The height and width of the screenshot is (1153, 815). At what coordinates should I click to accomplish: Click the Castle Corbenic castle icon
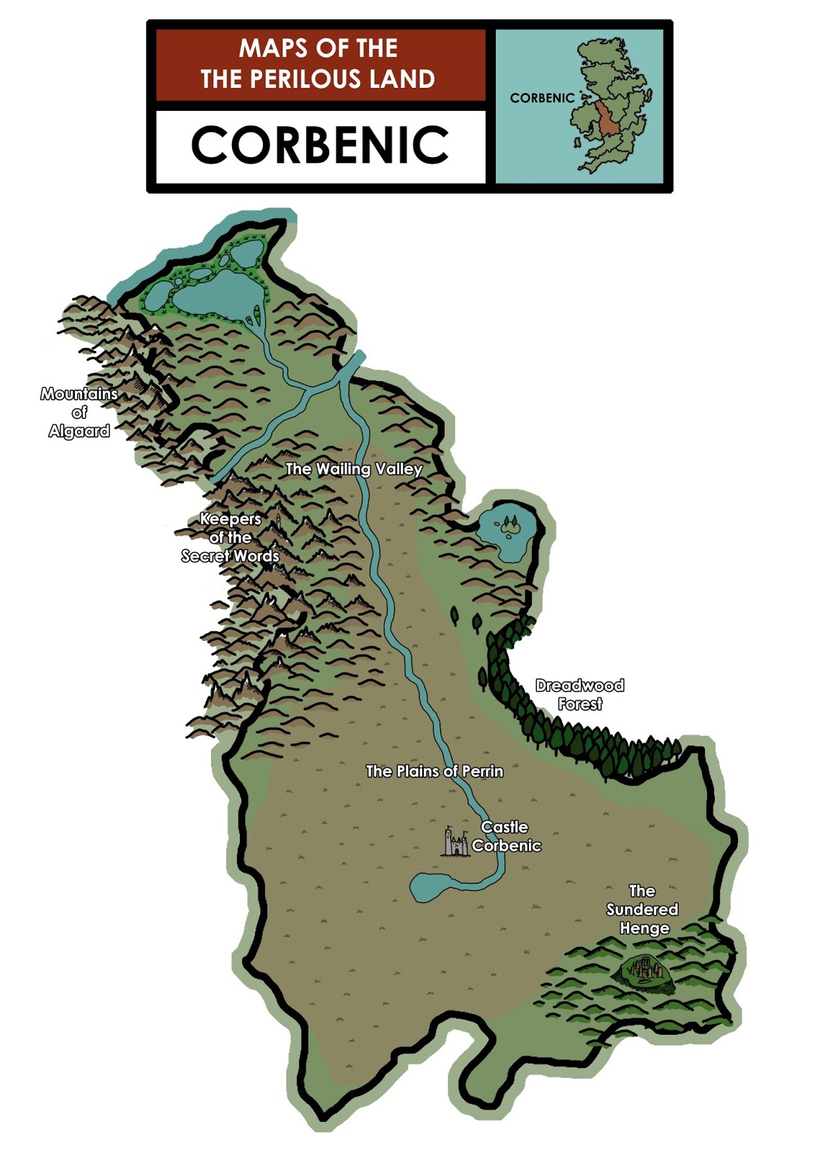click(455, 842)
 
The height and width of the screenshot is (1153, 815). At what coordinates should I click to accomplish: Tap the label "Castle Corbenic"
click(506, 837)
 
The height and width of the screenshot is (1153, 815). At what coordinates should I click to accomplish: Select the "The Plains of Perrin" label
click(435, 772)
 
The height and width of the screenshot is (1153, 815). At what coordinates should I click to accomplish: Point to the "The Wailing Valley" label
click(354, 469)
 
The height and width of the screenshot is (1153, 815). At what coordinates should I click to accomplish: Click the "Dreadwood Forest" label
click(579, 695)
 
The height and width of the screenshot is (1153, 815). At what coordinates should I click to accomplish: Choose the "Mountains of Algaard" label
click(79, 413)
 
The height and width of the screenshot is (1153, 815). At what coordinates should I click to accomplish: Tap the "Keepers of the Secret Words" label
click(230, 538)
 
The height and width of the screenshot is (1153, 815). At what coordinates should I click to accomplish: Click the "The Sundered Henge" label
click(642, 909)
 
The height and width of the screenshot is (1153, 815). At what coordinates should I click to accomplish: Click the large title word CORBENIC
click(320, 145)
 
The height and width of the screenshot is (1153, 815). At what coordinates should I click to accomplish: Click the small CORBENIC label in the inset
click(542, 98)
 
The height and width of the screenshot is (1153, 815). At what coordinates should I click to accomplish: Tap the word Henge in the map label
click(644, 928)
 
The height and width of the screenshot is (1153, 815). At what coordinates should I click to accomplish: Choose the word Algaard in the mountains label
click(79, 432)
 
